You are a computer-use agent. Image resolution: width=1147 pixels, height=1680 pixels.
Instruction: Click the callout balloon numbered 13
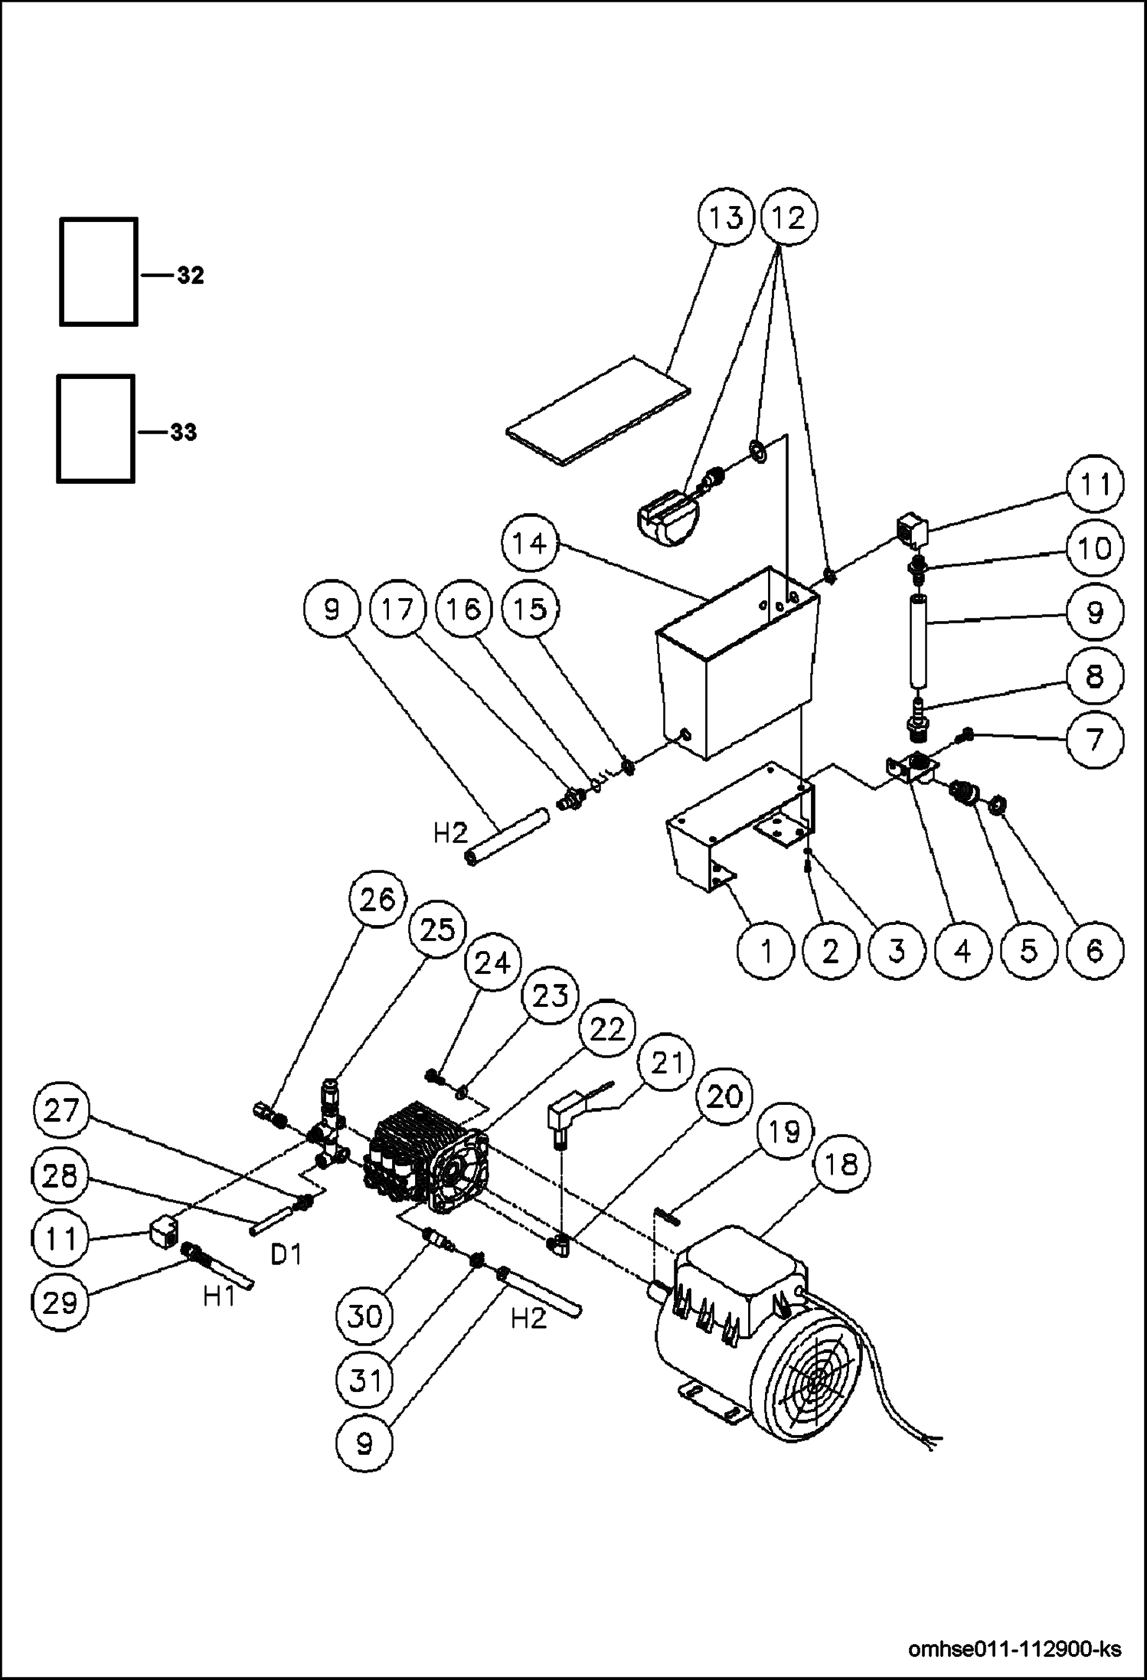pyautogui.click(x=725, y=218)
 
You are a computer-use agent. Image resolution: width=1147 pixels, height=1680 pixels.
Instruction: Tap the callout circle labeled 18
pyautogui.click(x=840, y=1165)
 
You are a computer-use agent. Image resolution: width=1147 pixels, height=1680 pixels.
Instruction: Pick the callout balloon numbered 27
pyautogui.click(x=60, y=1110)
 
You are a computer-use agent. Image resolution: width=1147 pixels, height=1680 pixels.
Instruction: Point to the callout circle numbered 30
pyautogui.click(x=364, y=1316)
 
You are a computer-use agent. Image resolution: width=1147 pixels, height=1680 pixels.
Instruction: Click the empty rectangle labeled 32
pyautogui.click(x=99, y=272)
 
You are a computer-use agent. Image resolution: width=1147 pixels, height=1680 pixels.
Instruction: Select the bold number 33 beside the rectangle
pyautogui.click(x=183, y=433)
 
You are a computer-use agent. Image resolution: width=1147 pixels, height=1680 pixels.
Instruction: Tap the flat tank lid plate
pyautogui.click(x=598, y=411)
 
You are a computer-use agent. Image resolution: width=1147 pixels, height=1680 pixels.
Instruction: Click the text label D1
pyautogui.click(x=286, y=1253)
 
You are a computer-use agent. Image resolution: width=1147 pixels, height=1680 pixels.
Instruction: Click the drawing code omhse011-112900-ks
pyautogui.click(x=1014, y=1648)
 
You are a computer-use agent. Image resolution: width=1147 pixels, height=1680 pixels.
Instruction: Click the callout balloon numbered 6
pyautogui.click(x=1094, y=950)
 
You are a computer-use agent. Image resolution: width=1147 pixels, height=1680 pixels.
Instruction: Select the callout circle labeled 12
pyautogui.click(x=789, y=218)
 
